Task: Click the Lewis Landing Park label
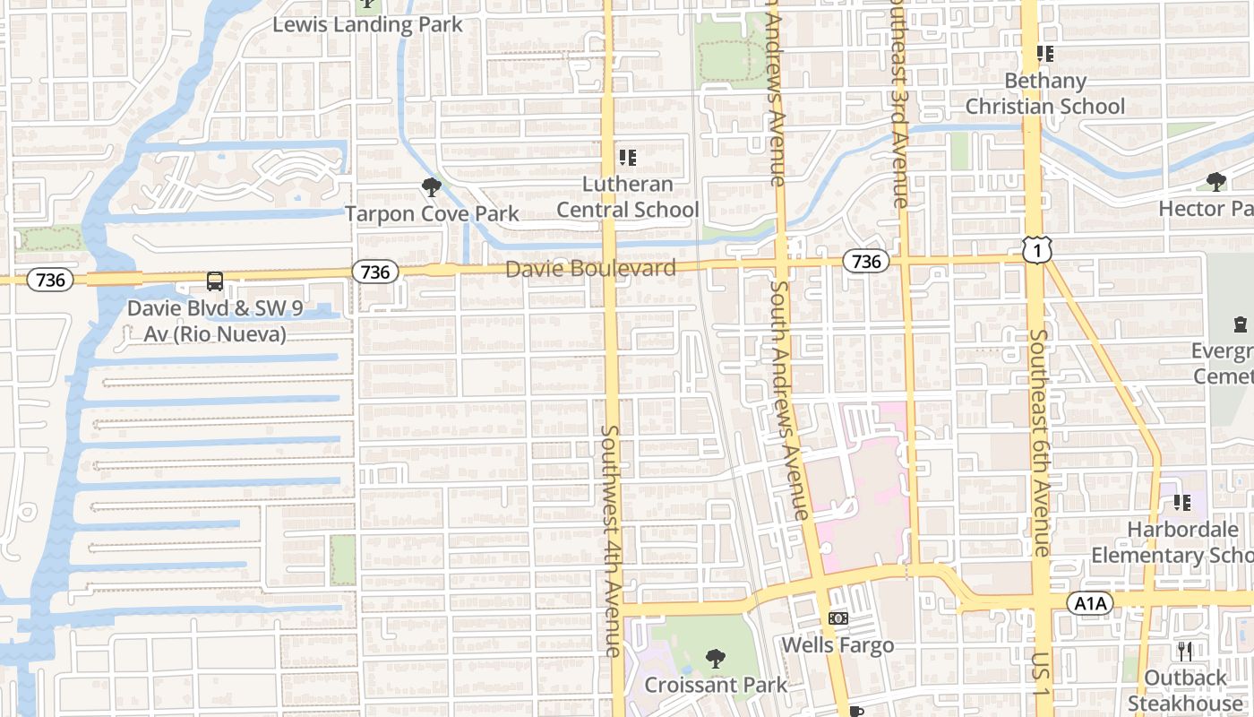(367, 24)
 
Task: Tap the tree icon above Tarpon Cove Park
(432, 187)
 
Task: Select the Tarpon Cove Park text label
(432, 213)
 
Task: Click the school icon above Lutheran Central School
(628, 158)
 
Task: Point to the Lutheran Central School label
(628, 196)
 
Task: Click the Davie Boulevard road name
(590, 268)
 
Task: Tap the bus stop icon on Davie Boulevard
(215, 281)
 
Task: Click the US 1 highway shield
(1036, 250)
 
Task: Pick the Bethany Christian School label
(1044, 93)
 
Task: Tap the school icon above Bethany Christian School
(1044, 54)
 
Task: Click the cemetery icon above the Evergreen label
(1241, 324)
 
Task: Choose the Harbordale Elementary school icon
(1182, 503)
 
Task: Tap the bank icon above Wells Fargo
(838, 618)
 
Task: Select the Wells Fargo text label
(838, 644)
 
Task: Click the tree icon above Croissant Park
(716, 659)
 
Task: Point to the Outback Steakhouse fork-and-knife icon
(1186, 651)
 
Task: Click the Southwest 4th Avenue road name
(610, 540)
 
